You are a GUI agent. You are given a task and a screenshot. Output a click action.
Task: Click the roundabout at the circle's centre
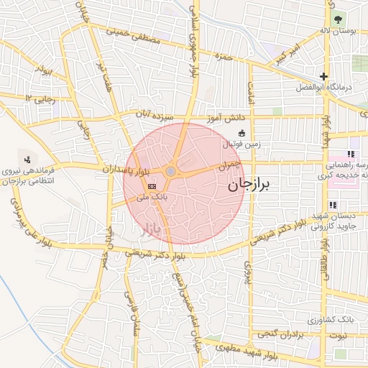(x=170, y=172)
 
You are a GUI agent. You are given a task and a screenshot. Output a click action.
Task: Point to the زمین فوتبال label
(x=241, y=144)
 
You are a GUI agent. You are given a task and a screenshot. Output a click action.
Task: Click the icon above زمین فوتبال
(x=241, y=133)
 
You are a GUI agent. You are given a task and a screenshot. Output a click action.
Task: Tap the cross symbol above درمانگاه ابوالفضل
(x=324, y=76)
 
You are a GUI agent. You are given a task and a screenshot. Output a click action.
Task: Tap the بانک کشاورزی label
(x=324, y=318)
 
